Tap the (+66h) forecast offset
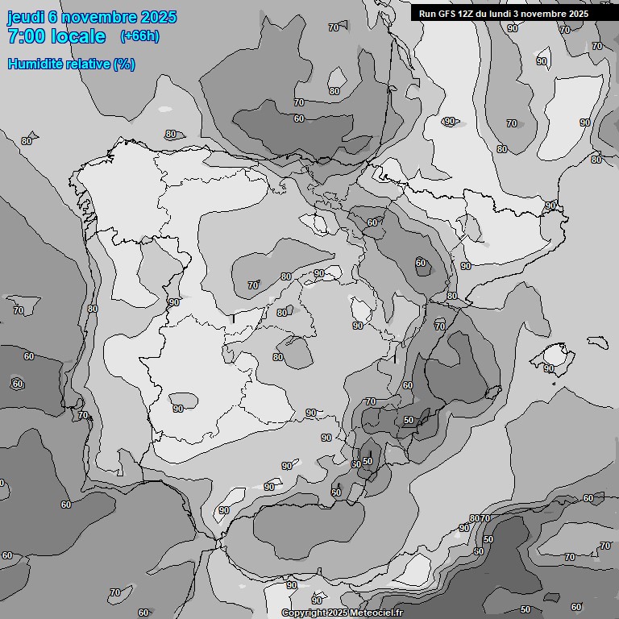click(x=139, y=36)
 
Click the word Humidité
click(x=33, y=64)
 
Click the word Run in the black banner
click(x=427, y=14)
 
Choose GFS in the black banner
click(x=447, y=14)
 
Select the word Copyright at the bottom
click(x=305, y=613)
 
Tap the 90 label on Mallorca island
click(x=548, y=368)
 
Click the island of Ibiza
click(x=491, y=393)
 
